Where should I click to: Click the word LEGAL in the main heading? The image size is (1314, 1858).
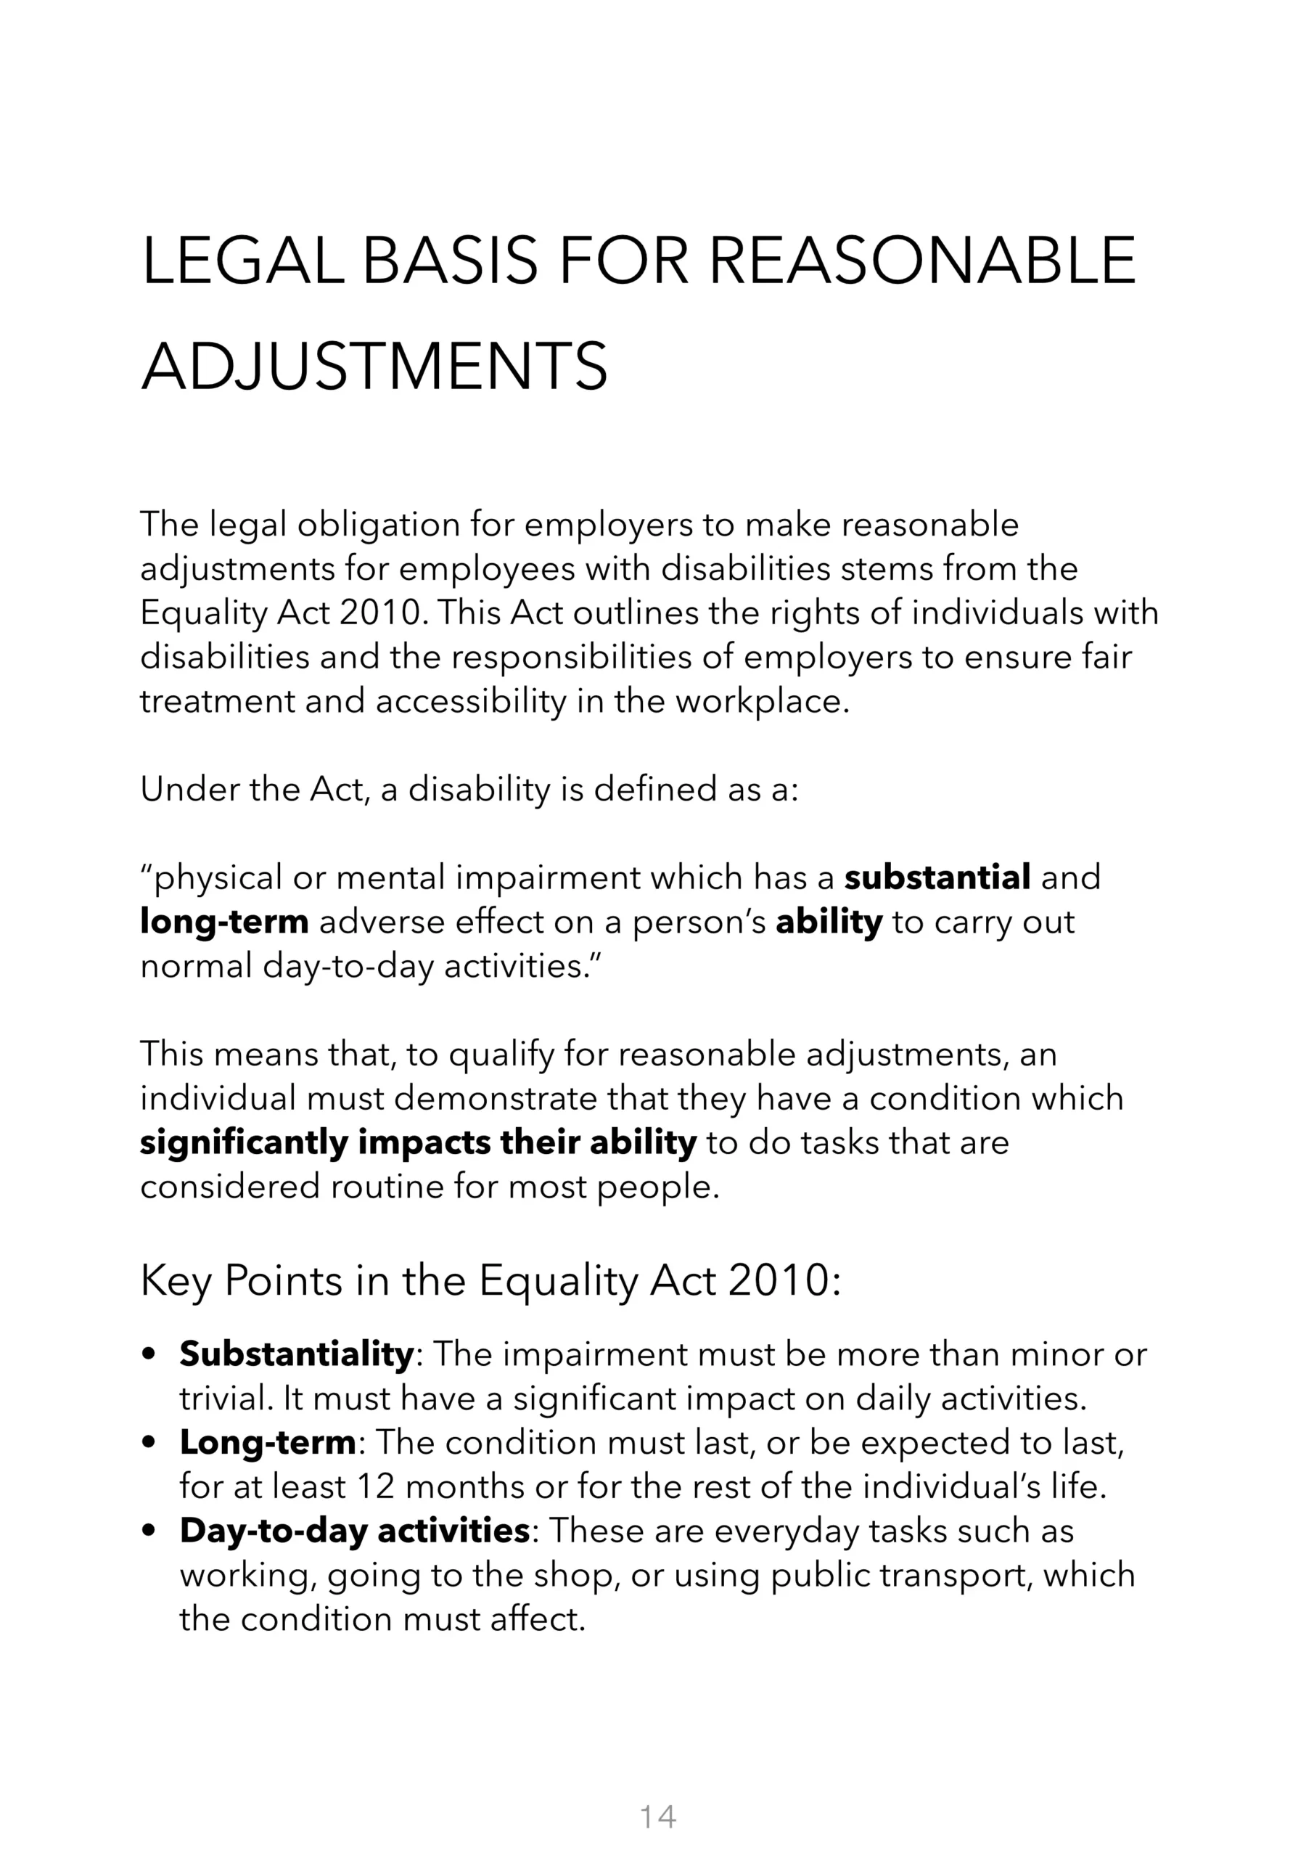(242, 261)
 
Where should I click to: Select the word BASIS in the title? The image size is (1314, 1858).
(449, 261)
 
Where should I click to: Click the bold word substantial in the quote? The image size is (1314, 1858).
(937, 877)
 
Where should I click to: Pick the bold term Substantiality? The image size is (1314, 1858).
(296, 1354)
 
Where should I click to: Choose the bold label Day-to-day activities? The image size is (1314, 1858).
(354, 1530)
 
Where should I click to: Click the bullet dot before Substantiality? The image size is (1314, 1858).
(148, 1354)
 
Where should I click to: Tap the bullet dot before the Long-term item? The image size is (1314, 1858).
(148, 1443)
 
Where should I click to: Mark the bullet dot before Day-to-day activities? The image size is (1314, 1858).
(148, 1531)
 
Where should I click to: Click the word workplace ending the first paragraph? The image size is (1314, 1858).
(761, 701)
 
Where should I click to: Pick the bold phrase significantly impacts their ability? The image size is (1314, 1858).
(417, 1142)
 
